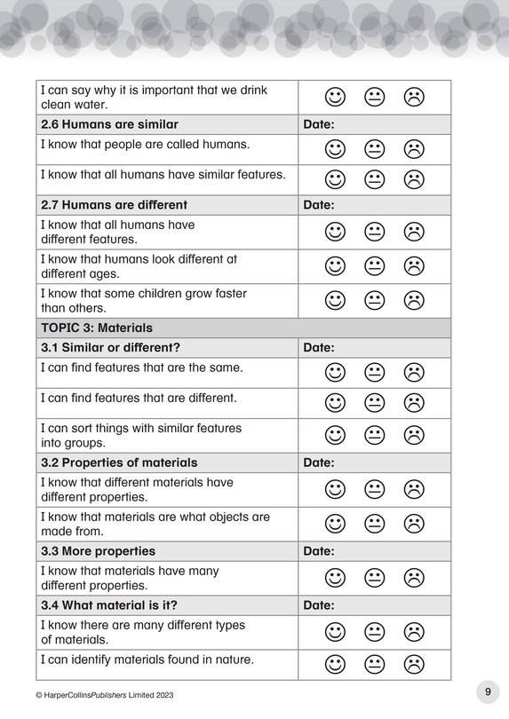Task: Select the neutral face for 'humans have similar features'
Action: pyautogui.click(x=374, y=179)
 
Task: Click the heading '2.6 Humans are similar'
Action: pyautogui.click(x=110, y=124)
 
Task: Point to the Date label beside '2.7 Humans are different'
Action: pyautogui.click(x=319, y=205)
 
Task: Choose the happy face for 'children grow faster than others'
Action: pyautogui.click(x=335, y=300)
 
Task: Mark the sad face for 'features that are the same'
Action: pyautogui.click(x=413, y=372)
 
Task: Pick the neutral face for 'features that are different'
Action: pyautogui.click(x=374, y=403)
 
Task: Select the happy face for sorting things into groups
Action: pyautogui.click(x=335, y=435)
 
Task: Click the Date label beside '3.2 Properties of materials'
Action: pyautogui.click(x=319, y=462)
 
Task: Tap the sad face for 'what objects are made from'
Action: pyautogui.click(x=413, y=524)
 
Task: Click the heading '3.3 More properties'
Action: pyautogui.click(x=99, y=551)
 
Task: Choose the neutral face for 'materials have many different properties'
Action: pyautogui.click(x=374, y=578)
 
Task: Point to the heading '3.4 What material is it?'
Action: pyautogui.click(x=109, y=605)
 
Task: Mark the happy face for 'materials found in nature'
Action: pyautogui.click(x=335, y=663)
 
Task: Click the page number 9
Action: pyautogui.click(x=487, y=691)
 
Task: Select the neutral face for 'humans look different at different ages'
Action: pyautogui.click(x=374, y=265)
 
